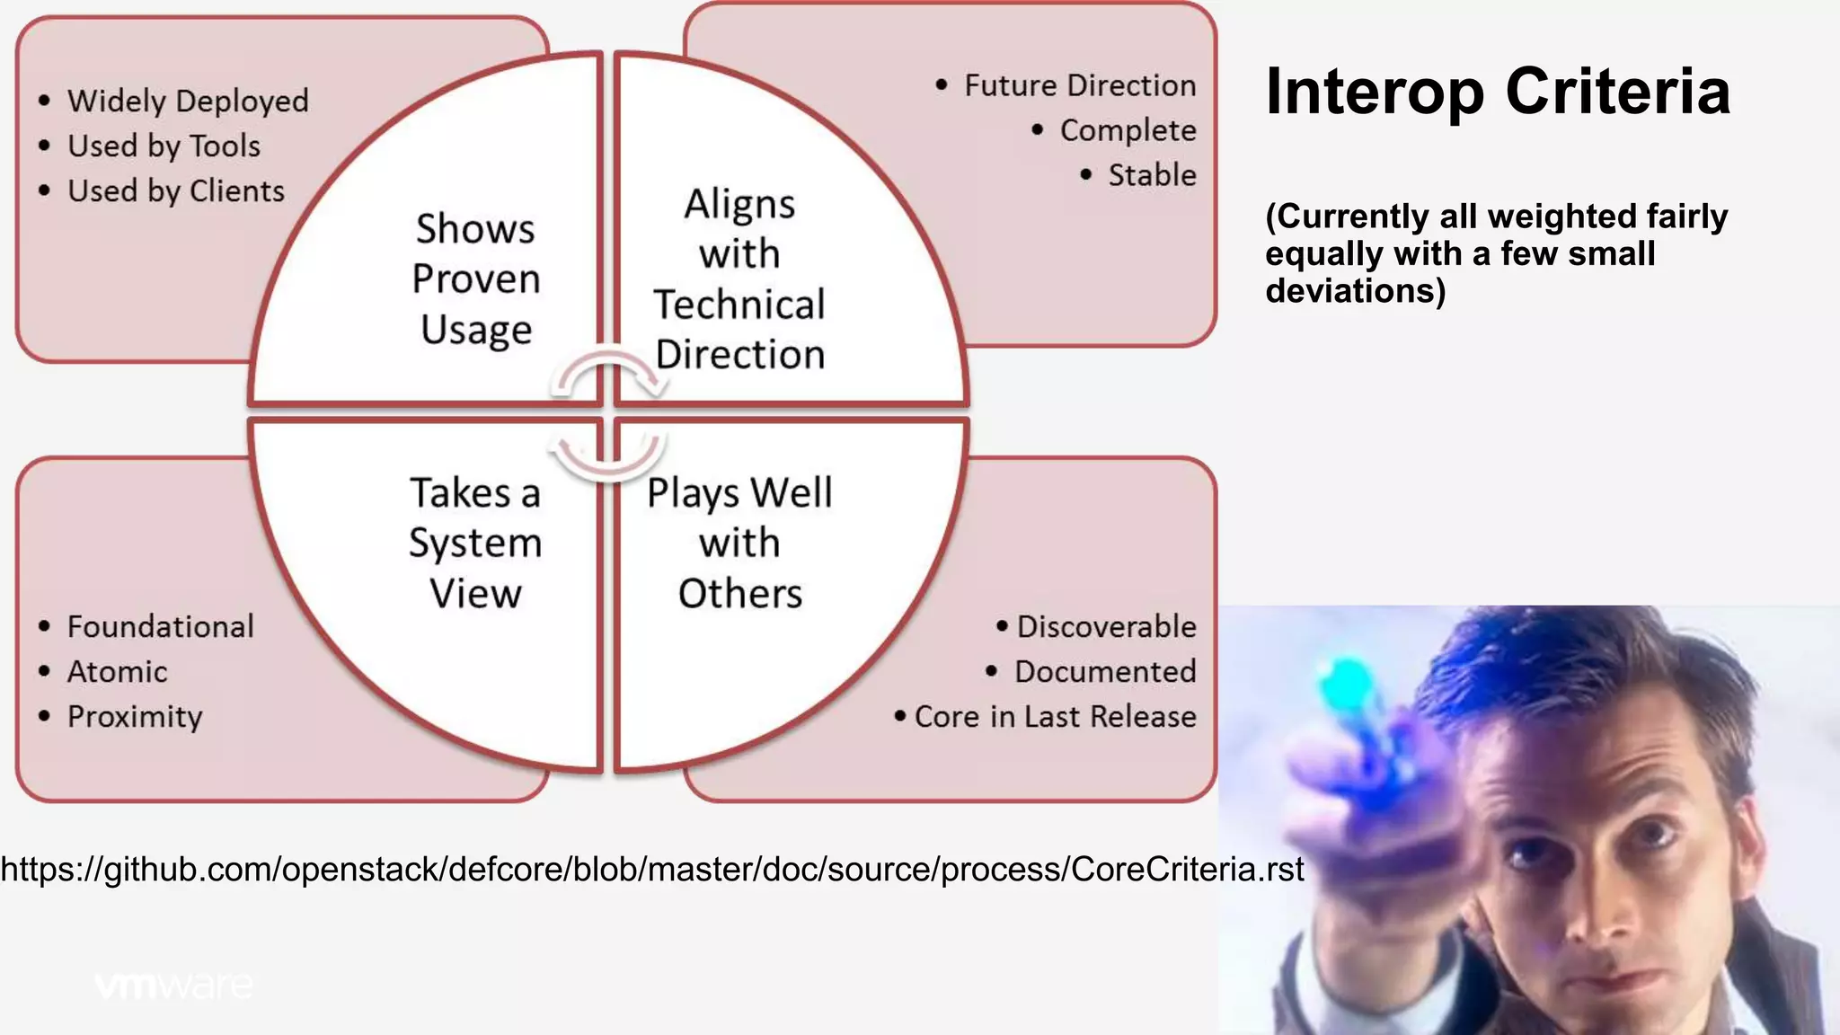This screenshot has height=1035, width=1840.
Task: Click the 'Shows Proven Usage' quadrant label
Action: click(x=475, y=279)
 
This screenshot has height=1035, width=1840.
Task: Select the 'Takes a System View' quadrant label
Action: click(x=475, y=543)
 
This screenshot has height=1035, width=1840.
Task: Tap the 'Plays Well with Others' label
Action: click(x=739, y=543)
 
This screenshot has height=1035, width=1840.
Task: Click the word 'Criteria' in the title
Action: click(x=1617, y=92)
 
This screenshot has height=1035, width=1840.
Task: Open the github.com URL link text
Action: click(x=652, y=869)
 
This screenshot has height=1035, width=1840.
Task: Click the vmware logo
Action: click(x=173, y=986)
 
